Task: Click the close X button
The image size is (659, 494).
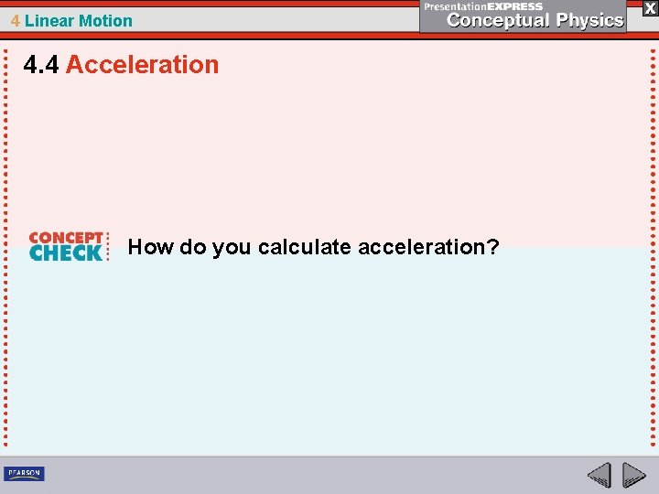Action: [650, 7]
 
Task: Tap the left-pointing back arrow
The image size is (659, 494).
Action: [600, 474]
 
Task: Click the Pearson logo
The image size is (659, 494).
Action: [24, 473]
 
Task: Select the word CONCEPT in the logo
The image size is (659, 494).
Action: [66, 238]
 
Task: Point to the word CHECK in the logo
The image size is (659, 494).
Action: [66, 253]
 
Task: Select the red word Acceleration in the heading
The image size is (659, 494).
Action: [143, 65]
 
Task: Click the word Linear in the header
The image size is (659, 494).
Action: [49, 20]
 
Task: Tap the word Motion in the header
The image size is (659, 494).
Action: [105, 20]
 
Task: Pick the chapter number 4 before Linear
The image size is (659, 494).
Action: [16, 20]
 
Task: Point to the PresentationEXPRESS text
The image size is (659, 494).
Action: [483, 6]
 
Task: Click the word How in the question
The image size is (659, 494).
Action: [147, 247]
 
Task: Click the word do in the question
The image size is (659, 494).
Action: [191, 247]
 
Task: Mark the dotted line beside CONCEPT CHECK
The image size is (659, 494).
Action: [109, 245]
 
